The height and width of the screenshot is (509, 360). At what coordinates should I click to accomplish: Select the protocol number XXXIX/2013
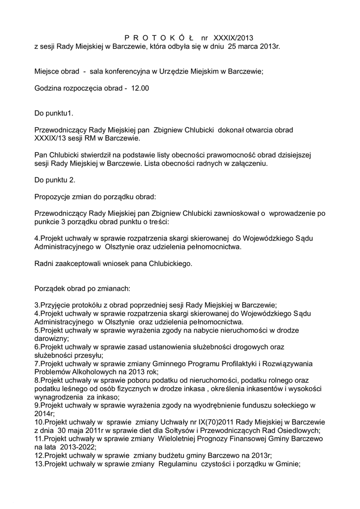coord(233,37)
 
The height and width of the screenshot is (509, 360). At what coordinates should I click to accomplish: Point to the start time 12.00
coord(140,88)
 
